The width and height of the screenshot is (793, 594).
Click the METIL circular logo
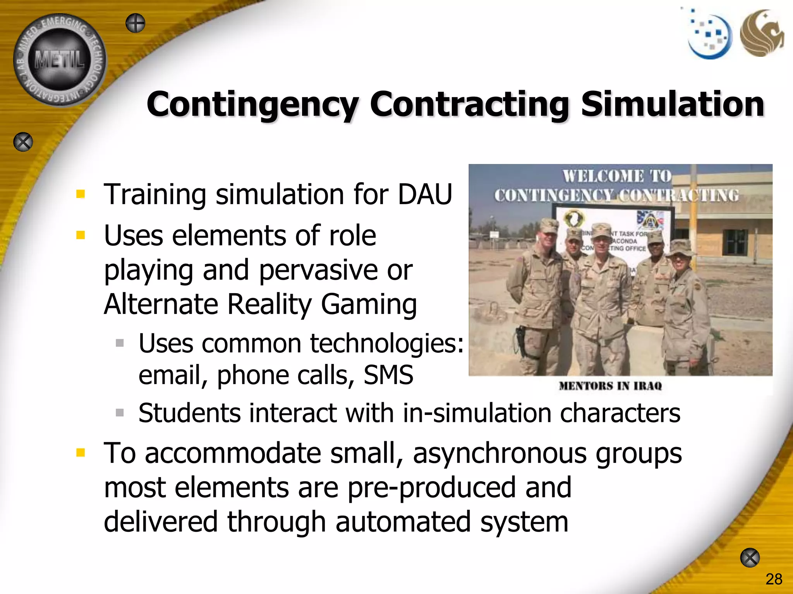pyautogui.click(x=60, y=60)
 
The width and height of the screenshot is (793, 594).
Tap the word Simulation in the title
pyautogui.click(x=673, y=104)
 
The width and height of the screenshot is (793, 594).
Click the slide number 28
pyautogui.click(x=774, y=579)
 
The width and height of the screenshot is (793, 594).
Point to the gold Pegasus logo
pyautogui.click(x=761, y=34)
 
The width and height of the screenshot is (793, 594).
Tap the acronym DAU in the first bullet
pyautogui.click(x=425, y=194)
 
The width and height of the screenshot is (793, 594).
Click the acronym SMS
pyautogui.click(x=388, y=375)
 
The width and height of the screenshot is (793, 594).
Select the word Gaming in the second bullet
pyautogui.click(x=369, y=305)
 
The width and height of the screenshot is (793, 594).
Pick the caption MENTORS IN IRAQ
pyautogui.click(x=610, y=386)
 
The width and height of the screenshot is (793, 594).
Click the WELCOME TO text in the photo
pyautogui.click(x=617, y=176)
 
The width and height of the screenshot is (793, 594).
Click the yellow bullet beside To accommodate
pyautogui.click(x=81, y=452)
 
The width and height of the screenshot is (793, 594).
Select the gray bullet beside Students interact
pyautogui.click(x=120, y=413)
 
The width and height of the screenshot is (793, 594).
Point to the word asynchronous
pyautogui.click(x=499, y=453)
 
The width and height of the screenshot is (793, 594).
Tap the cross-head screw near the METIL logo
pyautogui.click(x=136, y=23)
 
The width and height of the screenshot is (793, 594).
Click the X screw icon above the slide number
pyautogui.click(x=750, y=558)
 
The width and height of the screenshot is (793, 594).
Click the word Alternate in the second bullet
pyautogui.click(x=161, y=304)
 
